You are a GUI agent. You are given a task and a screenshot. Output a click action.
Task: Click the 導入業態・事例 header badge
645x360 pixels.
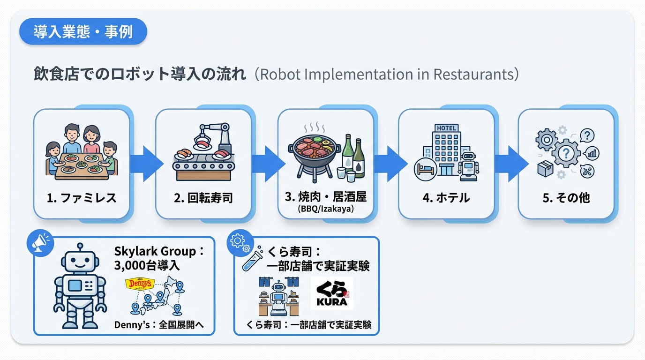click(x=83, y=32)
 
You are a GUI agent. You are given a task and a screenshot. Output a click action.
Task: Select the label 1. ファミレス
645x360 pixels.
click(x=82, y=198)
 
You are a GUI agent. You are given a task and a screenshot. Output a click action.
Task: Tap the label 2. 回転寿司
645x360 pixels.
click(x=203, y=198)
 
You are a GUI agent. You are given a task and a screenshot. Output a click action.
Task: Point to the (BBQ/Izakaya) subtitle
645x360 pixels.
click(x=325, y=209)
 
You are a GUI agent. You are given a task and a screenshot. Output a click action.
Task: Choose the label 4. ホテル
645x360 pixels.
click(x=446, y=198)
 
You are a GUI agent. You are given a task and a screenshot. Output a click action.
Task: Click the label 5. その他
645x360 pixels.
click(x=566, y=198)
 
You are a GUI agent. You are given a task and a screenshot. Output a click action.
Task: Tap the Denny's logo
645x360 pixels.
click(x=139, y=284)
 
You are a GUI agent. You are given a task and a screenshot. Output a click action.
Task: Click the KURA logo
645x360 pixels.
click(x=332, y=293)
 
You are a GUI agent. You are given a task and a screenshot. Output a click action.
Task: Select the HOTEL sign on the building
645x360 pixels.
click(x=446, y=128)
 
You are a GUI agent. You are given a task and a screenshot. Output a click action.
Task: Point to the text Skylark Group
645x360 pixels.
click(x=155, y=251)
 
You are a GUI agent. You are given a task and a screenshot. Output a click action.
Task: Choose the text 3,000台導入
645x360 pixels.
click(x=147, y=266)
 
